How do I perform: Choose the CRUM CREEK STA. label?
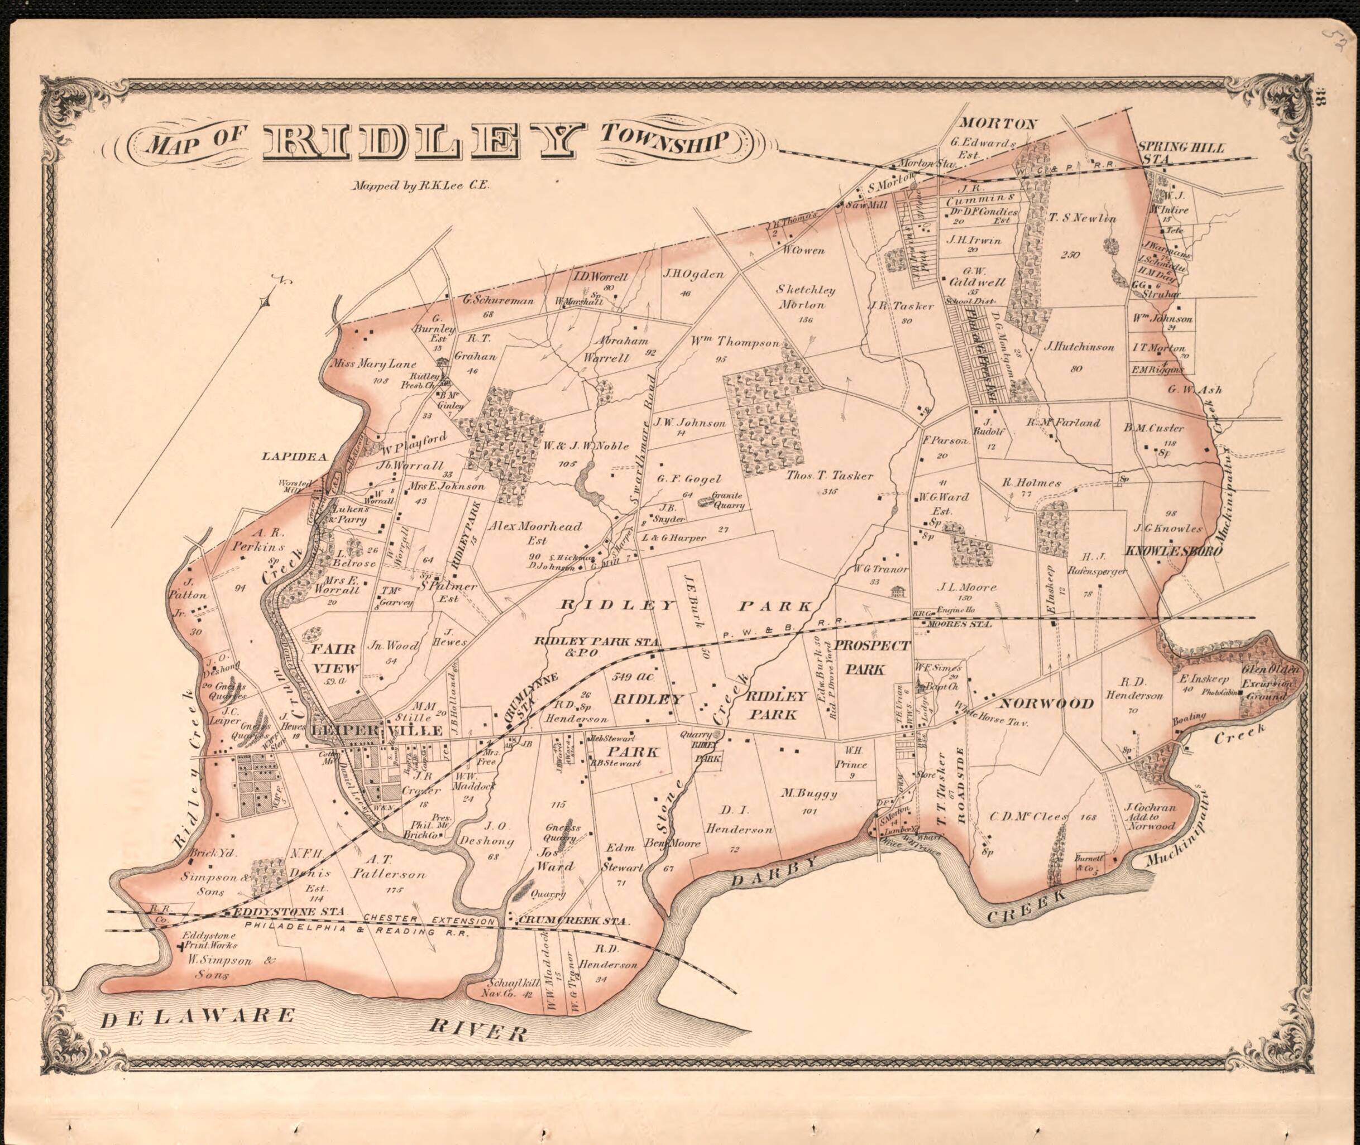[573, 921]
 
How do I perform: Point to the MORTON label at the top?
[998, 123]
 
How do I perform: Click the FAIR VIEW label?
[335, 658]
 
